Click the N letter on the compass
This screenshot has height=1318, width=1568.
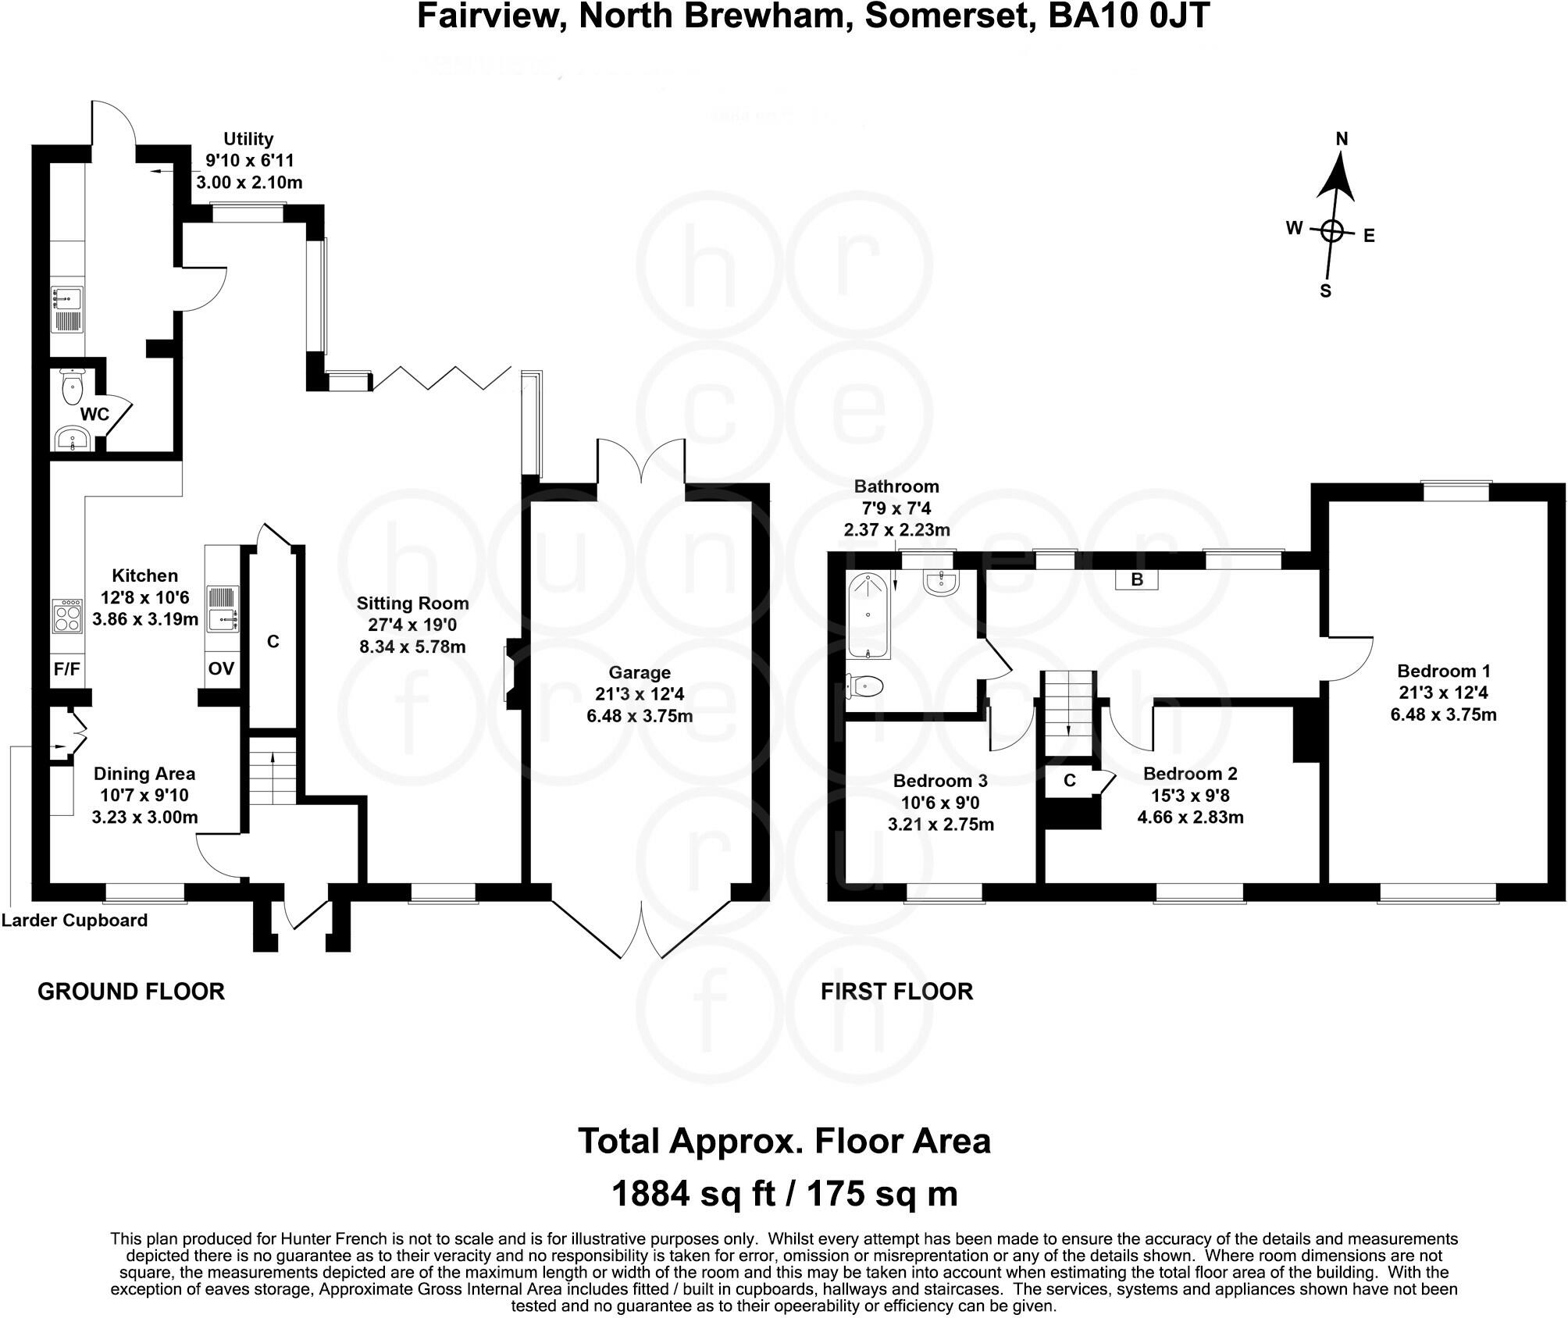tap(1342, 139)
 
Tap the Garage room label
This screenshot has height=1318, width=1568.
tap(639, 672)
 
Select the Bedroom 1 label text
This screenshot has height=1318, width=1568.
tap(1443, 671)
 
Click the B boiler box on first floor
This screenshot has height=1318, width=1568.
tap(1137, 579)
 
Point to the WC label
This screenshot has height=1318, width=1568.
tap(94, 414)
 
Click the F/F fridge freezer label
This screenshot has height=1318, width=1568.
tap(67, 669)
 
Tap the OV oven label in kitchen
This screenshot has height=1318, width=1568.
tap(221, 669)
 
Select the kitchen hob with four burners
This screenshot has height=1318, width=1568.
tap(67, 617)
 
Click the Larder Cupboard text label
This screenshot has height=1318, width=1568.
tap(74, 921)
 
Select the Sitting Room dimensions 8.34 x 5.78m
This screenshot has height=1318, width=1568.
tap(412, 647)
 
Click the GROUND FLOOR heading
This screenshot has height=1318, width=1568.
tap(130, 992)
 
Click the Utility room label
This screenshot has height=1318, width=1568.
tap(248, 139)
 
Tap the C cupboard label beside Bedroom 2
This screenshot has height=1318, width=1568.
tap(1070, 780)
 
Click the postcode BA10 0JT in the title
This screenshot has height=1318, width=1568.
tap(1128, 16)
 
